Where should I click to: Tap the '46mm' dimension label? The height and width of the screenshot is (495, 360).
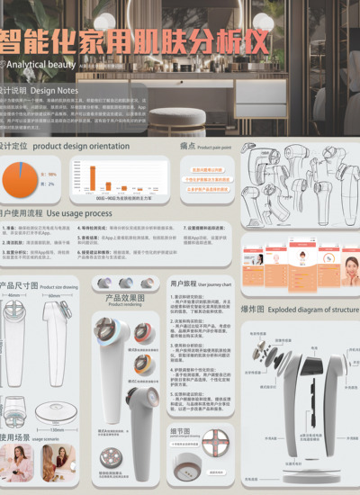click(14, 294)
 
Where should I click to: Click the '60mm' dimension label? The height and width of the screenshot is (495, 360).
click(54, 294)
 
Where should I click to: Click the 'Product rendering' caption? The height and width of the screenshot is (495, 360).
click(126, 304)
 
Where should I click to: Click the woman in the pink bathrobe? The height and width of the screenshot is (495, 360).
click(19, 463)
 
